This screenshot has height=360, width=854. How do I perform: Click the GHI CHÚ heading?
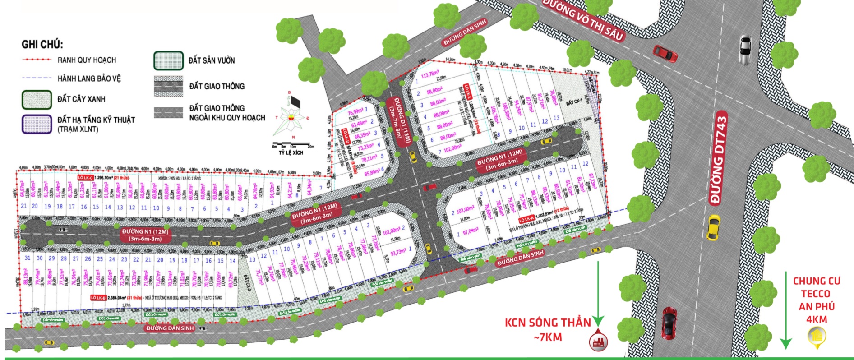42,44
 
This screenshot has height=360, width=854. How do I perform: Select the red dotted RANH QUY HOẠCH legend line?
37,60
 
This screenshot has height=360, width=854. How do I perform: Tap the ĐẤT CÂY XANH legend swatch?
37,99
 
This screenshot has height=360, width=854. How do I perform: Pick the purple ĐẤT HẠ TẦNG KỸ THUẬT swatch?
37,124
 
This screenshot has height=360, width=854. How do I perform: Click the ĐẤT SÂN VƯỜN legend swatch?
168,60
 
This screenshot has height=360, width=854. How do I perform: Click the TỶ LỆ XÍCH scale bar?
293,147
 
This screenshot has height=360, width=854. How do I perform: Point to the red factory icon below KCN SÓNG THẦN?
598,341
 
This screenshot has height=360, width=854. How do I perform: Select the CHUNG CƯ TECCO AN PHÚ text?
817,300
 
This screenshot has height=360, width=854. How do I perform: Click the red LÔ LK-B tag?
98,298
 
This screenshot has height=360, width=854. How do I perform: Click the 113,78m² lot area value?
429,74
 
